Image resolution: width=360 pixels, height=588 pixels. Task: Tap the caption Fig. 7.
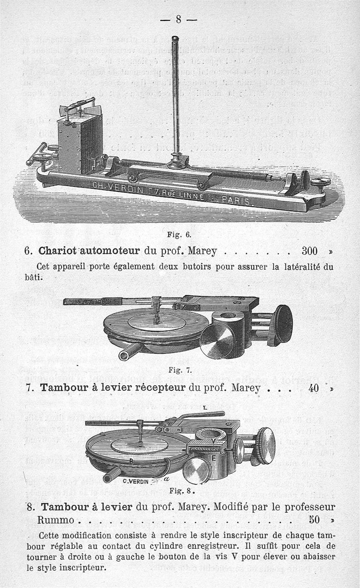pos(180,371)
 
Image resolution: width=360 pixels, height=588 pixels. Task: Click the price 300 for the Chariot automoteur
pos(307,250)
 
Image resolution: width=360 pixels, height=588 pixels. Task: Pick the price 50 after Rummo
pos(315,520)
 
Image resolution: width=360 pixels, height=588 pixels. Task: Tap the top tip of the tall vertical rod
pos(175,38)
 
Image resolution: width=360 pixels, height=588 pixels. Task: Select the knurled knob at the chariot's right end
pos(321,182)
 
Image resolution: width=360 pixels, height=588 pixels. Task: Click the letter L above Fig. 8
pos(205,407)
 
